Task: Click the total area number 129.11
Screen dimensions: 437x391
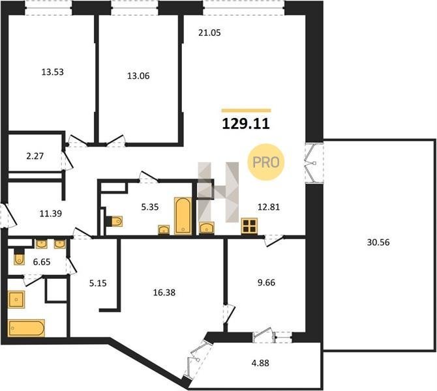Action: coord(246,124)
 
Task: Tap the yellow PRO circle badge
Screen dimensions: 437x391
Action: coord(266,162)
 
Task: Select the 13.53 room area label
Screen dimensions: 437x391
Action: coord(52,72)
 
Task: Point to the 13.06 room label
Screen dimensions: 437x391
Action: coord(138,76)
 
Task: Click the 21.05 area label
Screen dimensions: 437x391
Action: coord(209,33)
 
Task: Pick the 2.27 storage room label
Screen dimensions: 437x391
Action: coord(35,156)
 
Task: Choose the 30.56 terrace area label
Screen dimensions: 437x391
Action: coord(378,242)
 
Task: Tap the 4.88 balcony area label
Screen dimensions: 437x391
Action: coord(260,363)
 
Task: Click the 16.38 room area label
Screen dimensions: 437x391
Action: coord(164,293)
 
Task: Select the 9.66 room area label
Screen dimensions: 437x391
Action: coord(266,282)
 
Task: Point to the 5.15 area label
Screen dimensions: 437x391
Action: coord(98,283)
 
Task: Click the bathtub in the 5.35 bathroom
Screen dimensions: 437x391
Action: coord(183,216)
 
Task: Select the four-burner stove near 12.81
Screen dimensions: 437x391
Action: coord(249,226)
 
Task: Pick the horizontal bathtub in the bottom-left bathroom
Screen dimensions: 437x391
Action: coord(27,328)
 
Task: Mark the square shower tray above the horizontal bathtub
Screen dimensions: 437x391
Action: coord(16,299)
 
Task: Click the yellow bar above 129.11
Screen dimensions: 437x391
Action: coord(247,111)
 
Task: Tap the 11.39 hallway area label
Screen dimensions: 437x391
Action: coord(50,214)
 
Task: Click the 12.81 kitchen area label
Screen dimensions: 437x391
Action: coord(269,207)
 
